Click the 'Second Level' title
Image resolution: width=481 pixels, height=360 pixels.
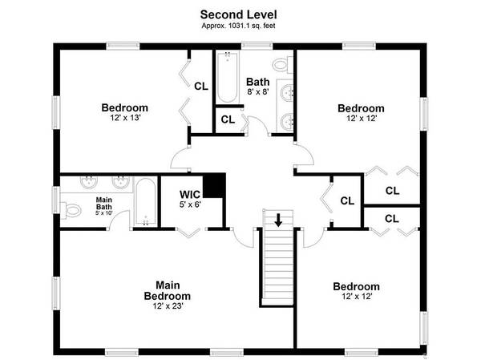click(238, 14)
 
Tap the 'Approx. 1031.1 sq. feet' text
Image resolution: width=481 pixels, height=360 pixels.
click(238, 26)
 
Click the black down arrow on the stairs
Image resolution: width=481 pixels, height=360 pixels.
click(278, 220)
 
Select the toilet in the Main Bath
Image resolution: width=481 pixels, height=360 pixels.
click(71, 211)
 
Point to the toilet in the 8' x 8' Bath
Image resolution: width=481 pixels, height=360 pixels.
click(283, 64)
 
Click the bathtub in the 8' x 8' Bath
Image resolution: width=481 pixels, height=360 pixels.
click(228, 78)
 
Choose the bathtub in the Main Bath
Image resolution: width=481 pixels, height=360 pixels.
click(146, 202)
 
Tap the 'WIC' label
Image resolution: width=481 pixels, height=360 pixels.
click(190, 194)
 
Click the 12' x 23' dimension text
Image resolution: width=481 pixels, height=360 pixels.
click(168, 306)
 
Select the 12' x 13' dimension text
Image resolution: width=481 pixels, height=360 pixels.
click(125, 118)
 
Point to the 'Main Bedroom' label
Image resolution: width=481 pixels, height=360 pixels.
click(168, 290)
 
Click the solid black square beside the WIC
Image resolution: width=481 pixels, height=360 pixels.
click(214, 185)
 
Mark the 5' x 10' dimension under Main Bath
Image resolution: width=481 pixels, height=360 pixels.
click(104, 212)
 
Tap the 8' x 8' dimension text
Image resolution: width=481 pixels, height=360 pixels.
click(258, 91)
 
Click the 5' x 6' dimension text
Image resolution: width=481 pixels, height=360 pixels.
click(190, 204)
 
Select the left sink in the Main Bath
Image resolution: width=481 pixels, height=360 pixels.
click(89, 182)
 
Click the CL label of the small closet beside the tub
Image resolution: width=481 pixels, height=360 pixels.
click(228, 119)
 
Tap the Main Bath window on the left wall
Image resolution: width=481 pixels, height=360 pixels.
click(56, 200)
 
